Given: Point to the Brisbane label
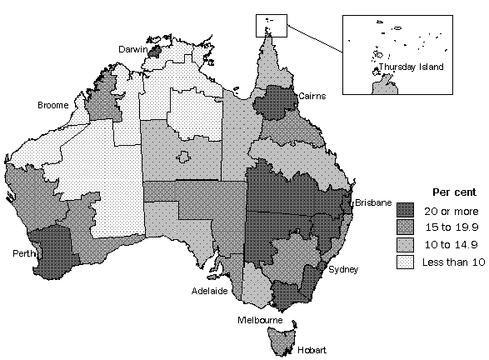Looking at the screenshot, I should [x=372, y=202].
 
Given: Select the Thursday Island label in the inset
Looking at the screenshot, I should [x=411, y=67].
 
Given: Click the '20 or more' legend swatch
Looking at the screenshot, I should [x=405, y=209].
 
